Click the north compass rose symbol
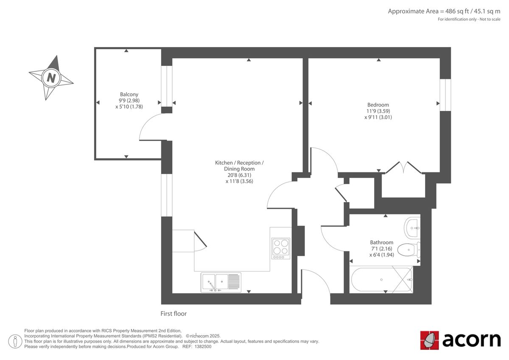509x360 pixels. (x=51, y=78)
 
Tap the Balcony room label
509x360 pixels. (x=129, y=94)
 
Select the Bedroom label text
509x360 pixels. (x=378, y=105)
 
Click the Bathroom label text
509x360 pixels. (x=381, y=242)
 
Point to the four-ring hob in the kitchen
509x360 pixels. (x=281, y=249)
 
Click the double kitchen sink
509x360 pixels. (x=221, y=282)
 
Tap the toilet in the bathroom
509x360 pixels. (x=411, y=249)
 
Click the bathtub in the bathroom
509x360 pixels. (x=381, y=280)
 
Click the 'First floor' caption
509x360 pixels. (x=173, y=314)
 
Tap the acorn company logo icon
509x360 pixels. (x=429, y=340)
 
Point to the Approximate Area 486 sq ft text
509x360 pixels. (x=444, y=11)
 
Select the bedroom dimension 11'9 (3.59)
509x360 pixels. (x=378, y=111)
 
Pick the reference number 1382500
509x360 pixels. (x=203, y=346)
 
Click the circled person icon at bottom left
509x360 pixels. (x=16, y=341)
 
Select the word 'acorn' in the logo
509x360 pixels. (x=471, y=340)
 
